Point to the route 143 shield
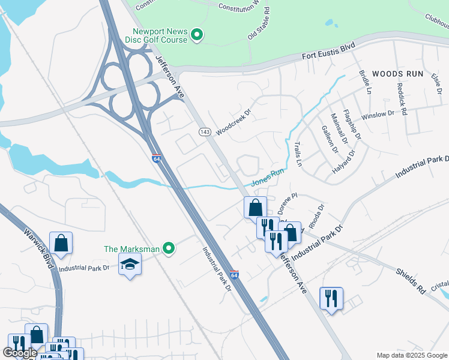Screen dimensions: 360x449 [205, 131]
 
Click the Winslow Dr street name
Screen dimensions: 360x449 [377, 114]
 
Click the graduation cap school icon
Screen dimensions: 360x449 [129, 264]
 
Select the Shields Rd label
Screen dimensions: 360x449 [410, 280]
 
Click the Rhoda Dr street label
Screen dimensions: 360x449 [316, 216]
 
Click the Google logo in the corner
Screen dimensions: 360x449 [20, 353]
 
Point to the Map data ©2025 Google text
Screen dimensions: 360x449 [412, 355]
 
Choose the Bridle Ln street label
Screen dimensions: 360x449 [364, 82]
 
